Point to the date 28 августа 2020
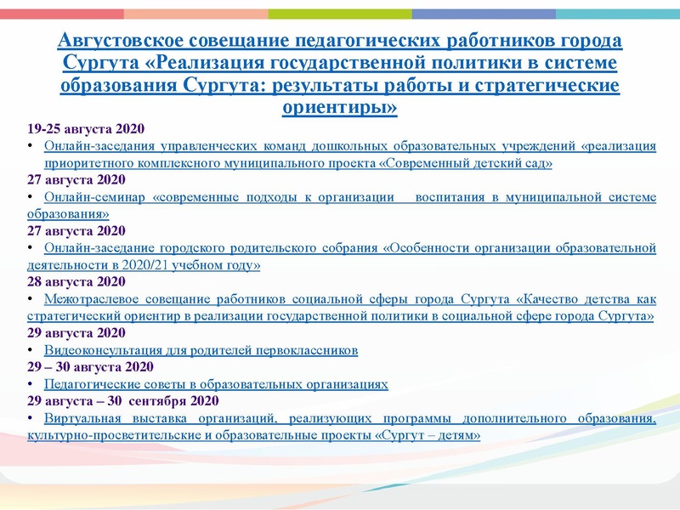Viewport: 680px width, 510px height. [76, 281]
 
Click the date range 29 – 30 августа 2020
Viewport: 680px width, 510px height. [90, 366]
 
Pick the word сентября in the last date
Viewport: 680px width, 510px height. [165, 400]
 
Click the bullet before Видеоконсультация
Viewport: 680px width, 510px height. [31, 350]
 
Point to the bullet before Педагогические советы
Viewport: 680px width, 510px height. [31, 384]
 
